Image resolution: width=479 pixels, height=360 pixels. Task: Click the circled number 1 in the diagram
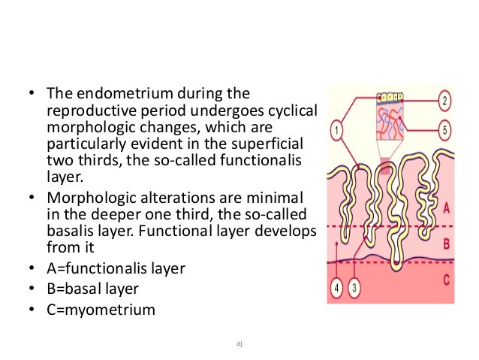click(x=337, y=130)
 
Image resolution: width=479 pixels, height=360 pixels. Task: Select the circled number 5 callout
click(x=445, y=130)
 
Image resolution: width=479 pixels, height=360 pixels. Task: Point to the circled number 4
click(x=337, y=286)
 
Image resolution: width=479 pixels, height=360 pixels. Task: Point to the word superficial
click(x=278, y=144)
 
